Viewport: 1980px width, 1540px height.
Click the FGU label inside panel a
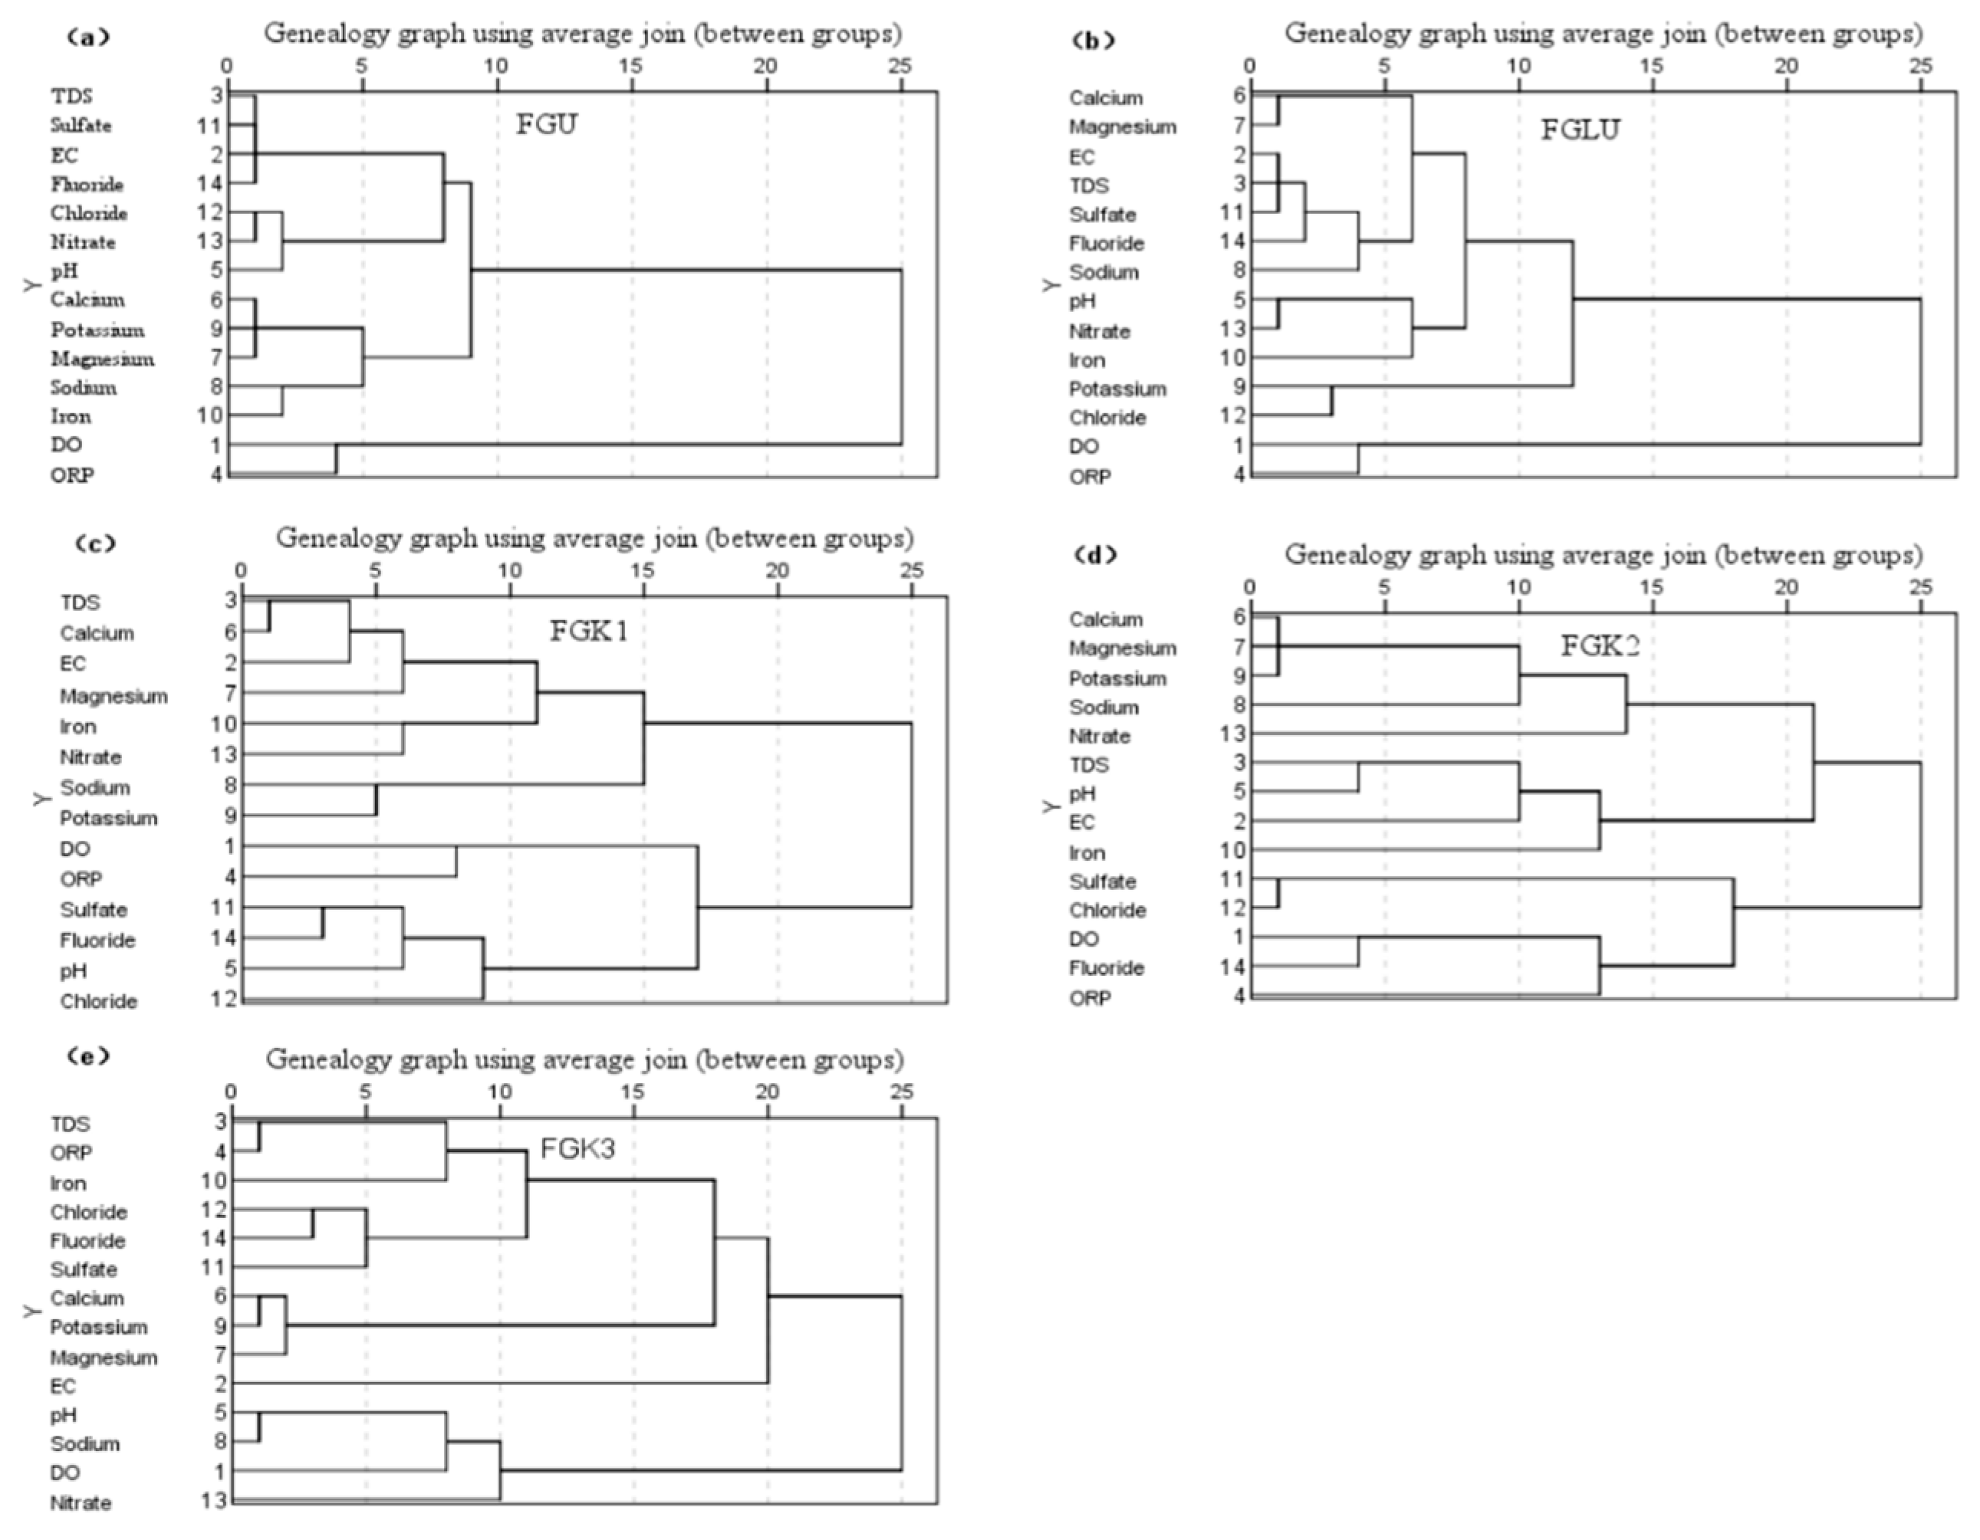point(546,123)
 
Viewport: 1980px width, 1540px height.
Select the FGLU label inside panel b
point(1580,130)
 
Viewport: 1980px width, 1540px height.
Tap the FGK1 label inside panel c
point(589,630)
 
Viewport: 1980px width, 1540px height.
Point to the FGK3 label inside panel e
point(577,1148)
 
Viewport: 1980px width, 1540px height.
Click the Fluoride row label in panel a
point(87,184)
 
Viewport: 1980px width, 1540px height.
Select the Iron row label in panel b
point(1087,360)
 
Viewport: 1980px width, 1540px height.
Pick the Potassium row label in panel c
point(109,818)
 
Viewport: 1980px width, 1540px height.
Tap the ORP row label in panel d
point(1090,998)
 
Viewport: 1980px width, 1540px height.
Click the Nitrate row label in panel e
point(81,1502)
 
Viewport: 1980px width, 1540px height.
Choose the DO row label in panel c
point(75,849)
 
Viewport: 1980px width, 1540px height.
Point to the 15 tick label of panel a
point(631,66)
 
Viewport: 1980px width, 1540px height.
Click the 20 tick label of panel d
point(1786,587)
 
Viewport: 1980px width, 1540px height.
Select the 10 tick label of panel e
point(499,1092)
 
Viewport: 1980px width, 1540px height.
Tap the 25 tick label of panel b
point(1920,66)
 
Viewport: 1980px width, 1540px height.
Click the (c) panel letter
point(95,543)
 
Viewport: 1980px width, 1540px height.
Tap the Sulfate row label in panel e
point(84,1269)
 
